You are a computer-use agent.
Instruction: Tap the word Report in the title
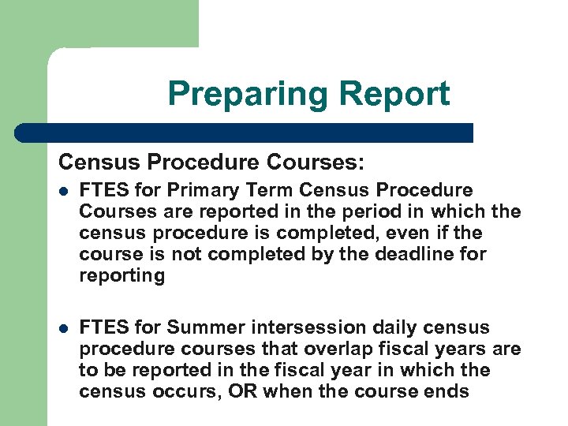(x=394, y=94)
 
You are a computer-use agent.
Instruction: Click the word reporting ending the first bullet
(x=122, y=276)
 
